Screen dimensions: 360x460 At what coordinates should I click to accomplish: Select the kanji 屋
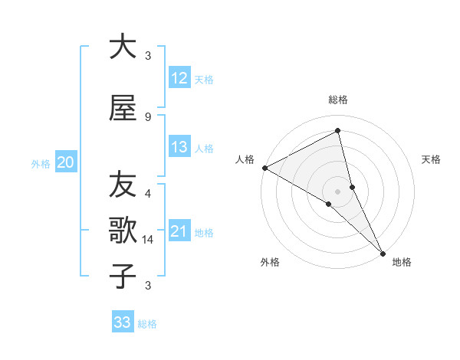123,108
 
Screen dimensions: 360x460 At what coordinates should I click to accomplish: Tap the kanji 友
123,185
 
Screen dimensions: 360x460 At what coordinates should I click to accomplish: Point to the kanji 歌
123,231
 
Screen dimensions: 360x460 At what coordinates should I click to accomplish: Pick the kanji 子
123,277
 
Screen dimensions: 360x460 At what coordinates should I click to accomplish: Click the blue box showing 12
179,78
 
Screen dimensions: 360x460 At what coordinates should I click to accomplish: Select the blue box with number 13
179,147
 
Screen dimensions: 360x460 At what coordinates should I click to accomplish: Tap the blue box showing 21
179,231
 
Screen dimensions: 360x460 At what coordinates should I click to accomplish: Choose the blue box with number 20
66,162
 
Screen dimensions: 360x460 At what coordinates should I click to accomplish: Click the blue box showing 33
122,322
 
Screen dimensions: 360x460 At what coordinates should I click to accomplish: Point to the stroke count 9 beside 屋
148,117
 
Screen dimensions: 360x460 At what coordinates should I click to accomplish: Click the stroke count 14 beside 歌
148,240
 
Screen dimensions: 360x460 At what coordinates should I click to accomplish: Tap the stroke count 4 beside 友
148,194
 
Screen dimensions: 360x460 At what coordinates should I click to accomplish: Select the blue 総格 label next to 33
148,324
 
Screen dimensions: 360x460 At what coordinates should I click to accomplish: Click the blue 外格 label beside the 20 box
41,164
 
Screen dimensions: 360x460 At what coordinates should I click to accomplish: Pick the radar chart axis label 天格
432,159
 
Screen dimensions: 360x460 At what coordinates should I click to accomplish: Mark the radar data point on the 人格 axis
264,168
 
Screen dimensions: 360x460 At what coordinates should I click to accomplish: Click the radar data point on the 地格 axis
383,252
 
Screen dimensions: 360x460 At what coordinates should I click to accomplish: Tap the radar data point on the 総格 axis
338,131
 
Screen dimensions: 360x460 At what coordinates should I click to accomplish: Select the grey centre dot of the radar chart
338,191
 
